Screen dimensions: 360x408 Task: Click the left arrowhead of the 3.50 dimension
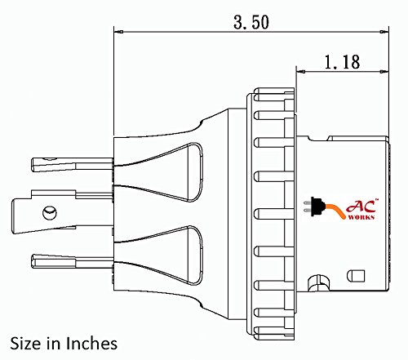(x=118, y=32)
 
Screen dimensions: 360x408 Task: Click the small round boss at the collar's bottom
(x=313, y=284)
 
